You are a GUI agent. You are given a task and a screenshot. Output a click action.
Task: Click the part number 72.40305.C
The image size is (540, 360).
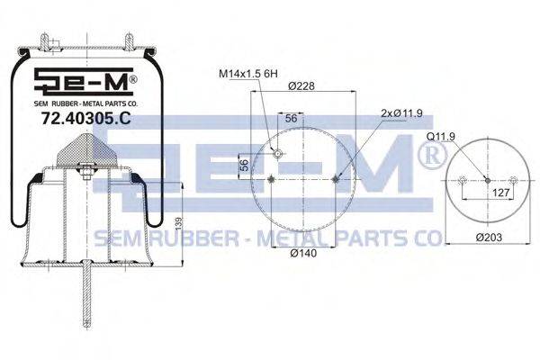85,119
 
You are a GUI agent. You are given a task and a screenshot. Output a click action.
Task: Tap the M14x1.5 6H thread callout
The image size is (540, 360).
248,74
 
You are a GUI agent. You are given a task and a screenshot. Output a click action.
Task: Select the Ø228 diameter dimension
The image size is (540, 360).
301,85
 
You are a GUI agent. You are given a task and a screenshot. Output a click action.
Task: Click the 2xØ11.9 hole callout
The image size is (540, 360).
401,113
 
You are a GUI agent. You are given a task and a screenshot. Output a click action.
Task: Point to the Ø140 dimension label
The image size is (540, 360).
303,253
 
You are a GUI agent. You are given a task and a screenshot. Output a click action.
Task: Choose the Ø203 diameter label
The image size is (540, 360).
489,238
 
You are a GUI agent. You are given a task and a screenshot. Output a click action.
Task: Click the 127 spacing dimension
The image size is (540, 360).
500,193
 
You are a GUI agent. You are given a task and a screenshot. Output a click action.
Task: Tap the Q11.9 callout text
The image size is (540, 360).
440,137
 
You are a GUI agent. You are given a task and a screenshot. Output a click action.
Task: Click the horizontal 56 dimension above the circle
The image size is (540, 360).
291,118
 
